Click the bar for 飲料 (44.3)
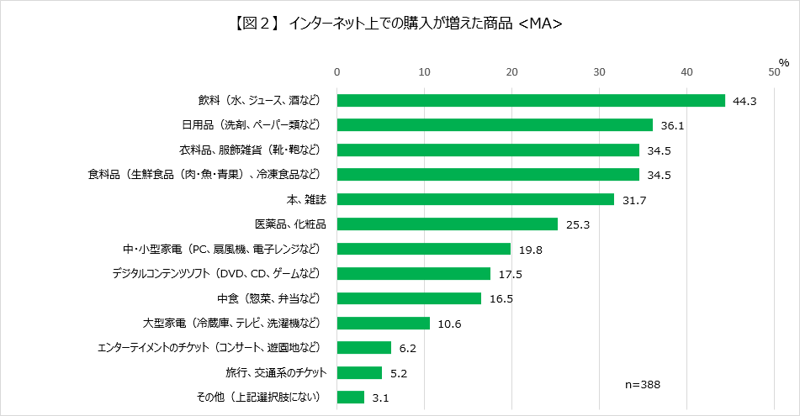coord(531,100)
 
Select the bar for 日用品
coord(495,125)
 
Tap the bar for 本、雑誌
coord(475,199)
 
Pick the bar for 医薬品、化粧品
coord(448,224)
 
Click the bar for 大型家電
coord(384,323)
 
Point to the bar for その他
coord(351,397)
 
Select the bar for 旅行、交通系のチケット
coord(360,372)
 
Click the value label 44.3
coord(745,101)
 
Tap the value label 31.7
coord(635,200)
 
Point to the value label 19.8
coord(531,250)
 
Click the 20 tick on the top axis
coord(511,71)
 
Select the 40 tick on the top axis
coord(686,71)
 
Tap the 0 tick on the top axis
coord(337,71)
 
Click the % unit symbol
coord(783,62)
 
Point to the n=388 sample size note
coord(643,384)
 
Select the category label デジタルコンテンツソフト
coord(216,274)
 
